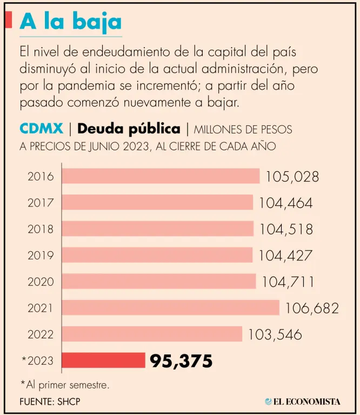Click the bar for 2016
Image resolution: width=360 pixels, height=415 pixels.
point(161,176)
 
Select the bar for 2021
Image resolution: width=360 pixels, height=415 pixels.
point(170,308)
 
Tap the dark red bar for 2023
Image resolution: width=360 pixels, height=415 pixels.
point(103,360)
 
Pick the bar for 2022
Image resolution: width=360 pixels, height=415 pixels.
point(152,334)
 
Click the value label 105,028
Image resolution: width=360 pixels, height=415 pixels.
point(292,177)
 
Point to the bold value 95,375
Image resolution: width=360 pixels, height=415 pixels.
point(181,361)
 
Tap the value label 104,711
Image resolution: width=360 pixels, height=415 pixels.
point(288,282)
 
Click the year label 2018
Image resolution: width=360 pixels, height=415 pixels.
point(41,229)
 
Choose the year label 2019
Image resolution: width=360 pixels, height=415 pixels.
point(41,255)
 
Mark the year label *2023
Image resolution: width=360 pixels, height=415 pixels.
point(38,361)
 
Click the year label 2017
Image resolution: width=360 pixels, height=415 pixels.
point(41,203)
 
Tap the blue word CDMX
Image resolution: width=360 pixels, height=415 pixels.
point(41,129)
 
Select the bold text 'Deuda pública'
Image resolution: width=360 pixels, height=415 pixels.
point(129,129)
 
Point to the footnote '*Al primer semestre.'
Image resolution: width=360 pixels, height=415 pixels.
point(65,385)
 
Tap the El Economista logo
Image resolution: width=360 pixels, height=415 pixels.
point(303,401)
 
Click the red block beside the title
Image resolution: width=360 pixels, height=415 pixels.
point(8,20)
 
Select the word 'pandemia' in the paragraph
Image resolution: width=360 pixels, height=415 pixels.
point(82,86)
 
